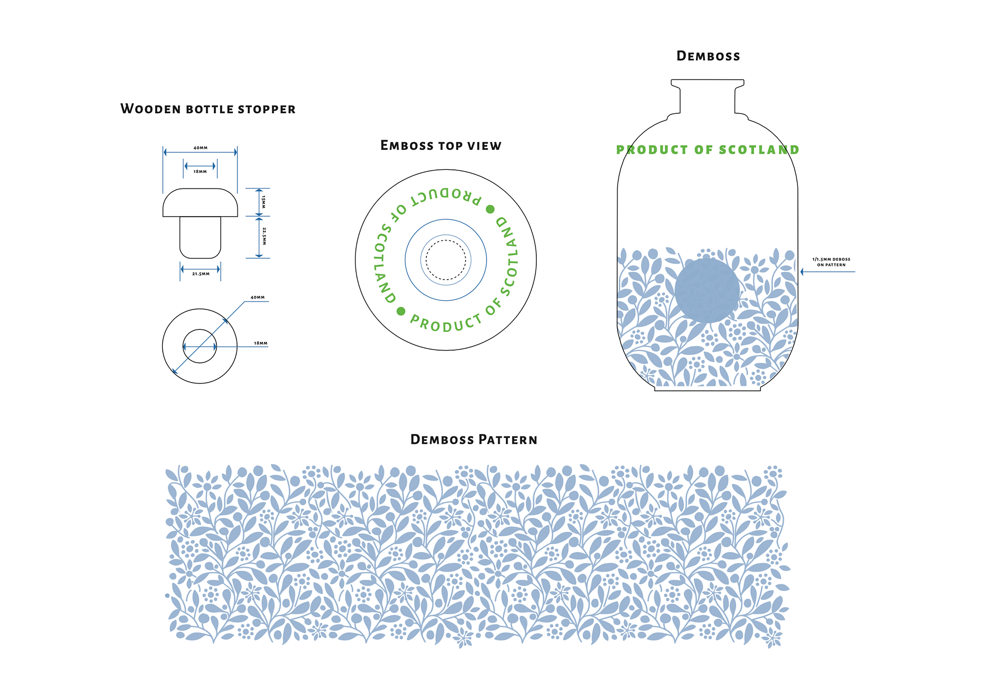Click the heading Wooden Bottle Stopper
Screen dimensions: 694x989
pyautogui.click(x=208, y=109)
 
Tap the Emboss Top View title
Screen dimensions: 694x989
pyautogui.click(x=440, y=146)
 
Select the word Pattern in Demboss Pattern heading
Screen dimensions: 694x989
pyautogui.click(x=507, y=440)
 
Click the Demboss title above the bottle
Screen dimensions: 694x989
pyautogui.click(x=708, y=56)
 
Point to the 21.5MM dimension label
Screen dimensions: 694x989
pyautogui.click(x=201, y=274)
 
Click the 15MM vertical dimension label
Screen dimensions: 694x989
pyautogui.click(x=264, y=201)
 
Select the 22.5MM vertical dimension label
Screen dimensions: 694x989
pyautogui.click(x=264, y=236)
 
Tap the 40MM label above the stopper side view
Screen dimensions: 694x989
pyautogui.click(x=200, y=148)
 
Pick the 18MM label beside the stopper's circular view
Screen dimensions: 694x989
pyautogui.click(x=260, y=343)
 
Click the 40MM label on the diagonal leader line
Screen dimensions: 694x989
pyautogui.click(x=258, y=298)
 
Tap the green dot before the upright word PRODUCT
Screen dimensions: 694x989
pyautogui.click(x=401, y=311)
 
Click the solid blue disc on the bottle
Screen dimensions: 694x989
pyautogui.click(x=707, y=290)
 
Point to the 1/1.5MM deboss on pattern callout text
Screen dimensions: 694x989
pyautogui.click(x=831, y=262)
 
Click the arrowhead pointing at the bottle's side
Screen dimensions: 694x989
pyautogui.click(x=803, y=271)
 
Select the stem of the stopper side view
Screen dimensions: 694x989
pyautogui.click(x=200, y=237)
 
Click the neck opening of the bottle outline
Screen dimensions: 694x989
pyautogui.click(x=707, y=81)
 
